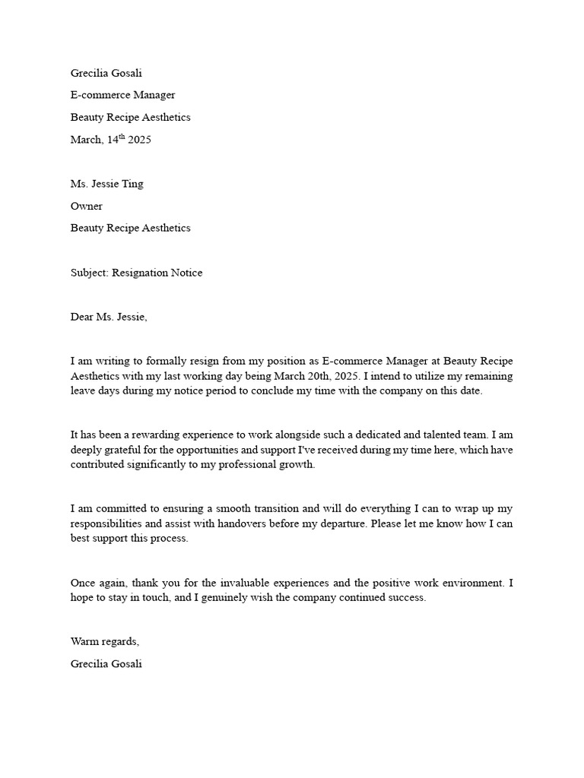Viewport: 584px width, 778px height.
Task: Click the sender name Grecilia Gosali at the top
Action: click(x=106, y=74)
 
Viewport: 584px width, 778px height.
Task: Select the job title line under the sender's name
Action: click(x=122, y=96)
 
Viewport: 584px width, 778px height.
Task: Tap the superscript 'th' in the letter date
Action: click(x=121, y=137)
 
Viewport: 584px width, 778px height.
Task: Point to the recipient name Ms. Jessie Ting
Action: click(x=106, y=185)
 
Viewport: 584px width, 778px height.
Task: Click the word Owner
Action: click(x=87, y=207)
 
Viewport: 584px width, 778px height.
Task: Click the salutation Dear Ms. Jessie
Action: click(x=109, y=317)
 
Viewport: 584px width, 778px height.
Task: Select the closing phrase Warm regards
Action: click(x=105, y=642)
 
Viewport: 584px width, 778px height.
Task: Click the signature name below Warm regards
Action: click(x=106, y=664)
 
